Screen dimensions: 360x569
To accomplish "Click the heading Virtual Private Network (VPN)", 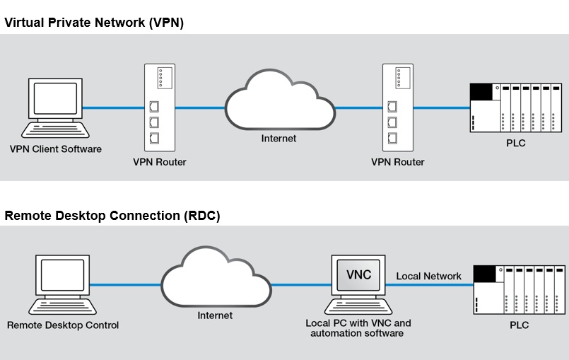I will point(94,23).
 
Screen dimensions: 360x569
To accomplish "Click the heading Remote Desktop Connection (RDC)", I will point(112,216).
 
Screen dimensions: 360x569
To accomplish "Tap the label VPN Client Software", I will point(56,149).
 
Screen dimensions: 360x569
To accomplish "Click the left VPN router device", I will point(159,107).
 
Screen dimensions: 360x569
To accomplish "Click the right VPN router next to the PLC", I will point(397,107).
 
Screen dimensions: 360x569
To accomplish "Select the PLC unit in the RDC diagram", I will point(519,289).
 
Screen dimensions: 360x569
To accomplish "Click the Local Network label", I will point(428,276).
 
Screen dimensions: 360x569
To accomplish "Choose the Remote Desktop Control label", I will point(63,325).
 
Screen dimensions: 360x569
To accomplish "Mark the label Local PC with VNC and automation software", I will point(358,328).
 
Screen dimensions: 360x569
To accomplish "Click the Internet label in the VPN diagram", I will point(279,139).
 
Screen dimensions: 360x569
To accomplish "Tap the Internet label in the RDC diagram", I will point(215,315).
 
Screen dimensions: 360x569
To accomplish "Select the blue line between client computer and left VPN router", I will point(113,108).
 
